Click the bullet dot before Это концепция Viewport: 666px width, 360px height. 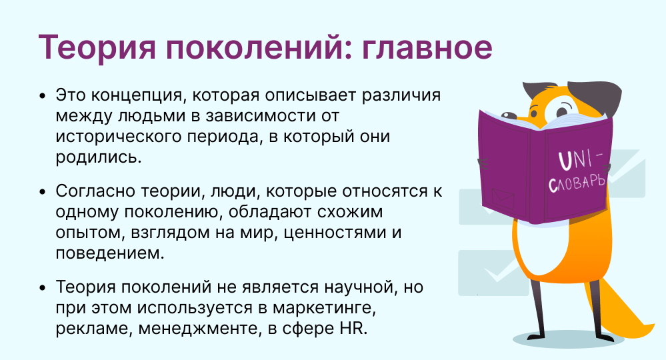(43, 95)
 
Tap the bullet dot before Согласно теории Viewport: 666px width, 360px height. (43, 192)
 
